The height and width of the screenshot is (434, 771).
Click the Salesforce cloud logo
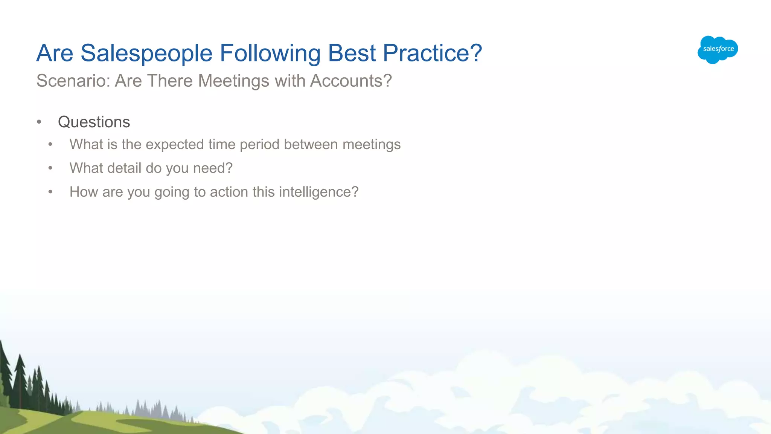pyautogui.click(x=717, y=49)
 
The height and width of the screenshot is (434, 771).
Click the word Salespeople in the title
pyautogui.click(x=146, y=53)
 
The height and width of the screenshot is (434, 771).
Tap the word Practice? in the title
pyautogui.click(x=432, y=53)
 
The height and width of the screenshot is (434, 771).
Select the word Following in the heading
pyautogui.click(x=270, y=53)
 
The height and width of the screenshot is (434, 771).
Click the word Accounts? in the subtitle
pyautogui.click(x=351, y=81)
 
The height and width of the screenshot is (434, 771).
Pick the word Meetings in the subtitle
pyautogui.click(x=233, y=81)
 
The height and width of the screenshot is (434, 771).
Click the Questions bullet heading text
pyautogui.click(x=94, y=122)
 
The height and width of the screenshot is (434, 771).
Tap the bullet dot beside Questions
pyautogui.click(x=39, y=122)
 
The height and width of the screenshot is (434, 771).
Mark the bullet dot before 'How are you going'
pyautogui.click(x=50, y=192)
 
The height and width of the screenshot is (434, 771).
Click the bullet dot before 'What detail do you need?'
pyautogui.click(x=50, y=168)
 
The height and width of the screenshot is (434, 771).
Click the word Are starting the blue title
pyautogui.click(x=55, y=53)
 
